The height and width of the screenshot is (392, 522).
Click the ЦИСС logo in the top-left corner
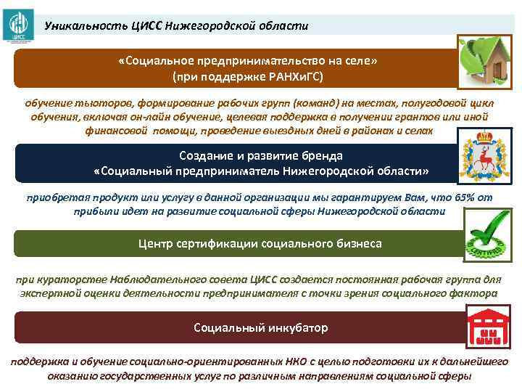(16, 23)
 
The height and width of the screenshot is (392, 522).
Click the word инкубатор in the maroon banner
(295, 327)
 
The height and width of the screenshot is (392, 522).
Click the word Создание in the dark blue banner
(208, 156)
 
